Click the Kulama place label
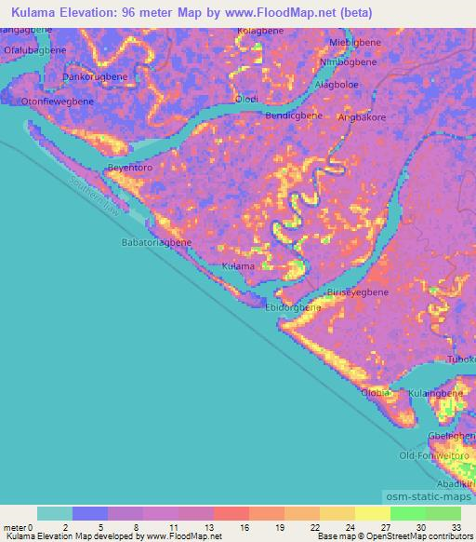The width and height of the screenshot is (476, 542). (x=238, y=266)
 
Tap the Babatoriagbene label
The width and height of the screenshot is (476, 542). (x=156, y=241)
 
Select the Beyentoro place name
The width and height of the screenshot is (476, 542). (x=130, y=168)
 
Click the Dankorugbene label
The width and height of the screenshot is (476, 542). (x=95, y=76)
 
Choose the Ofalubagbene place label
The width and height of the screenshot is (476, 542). (x=35, y=52)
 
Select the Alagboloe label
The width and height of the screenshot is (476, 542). (x=339, y=84)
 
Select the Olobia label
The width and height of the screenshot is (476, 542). (x=375, y=393)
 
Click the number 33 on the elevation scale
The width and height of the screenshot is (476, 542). (x=456, y=527)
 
